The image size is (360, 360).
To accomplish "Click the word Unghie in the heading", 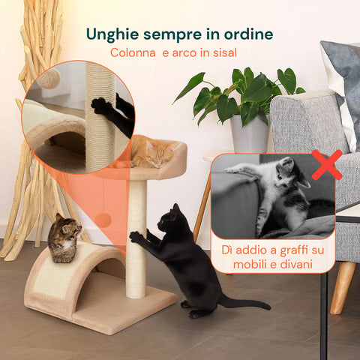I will coord(112,34).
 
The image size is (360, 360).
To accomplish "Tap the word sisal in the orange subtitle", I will coord(222,52).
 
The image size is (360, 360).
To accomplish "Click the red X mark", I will coord(326,165).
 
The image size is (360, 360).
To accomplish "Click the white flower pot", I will coord(249,135).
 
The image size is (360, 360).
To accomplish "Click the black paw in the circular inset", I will coord(101,106).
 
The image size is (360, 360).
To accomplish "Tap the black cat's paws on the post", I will coord(136,236).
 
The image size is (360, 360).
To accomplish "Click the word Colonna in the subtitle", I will coord(133,52).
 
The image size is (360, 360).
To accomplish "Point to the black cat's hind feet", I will coord(191,308).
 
